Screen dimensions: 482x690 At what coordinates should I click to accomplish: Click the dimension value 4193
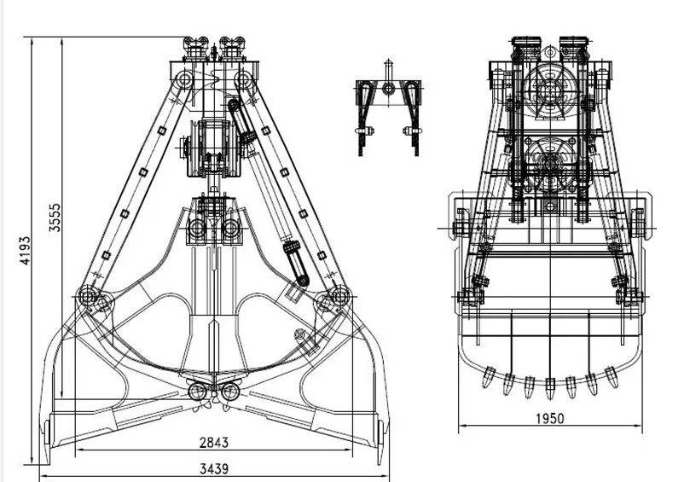[26, 252]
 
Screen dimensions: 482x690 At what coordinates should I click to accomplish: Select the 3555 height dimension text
[54, 217]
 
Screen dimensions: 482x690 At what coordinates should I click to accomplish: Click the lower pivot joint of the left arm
[87, 295]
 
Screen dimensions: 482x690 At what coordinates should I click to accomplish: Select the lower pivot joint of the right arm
[339, 295]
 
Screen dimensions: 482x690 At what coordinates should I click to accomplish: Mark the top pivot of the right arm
[244, 79]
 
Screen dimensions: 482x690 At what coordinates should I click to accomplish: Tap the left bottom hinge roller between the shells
[198, 391]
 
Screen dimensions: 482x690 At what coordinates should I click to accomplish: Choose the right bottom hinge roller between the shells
[229, 391]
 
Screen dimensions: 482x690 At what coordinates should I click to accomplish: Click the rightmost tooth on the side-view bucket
[611, 372]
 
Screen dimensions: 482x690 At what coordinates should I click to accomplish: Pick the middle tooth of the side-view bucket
[550, 385]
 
